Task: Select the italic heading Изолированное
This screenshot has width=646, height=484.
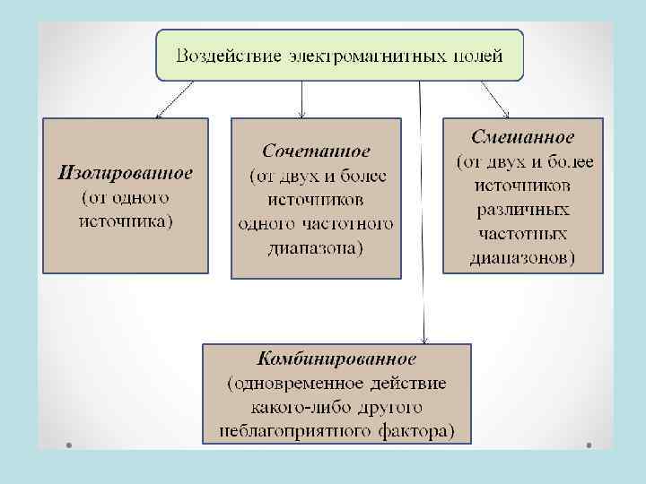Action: (125, 172)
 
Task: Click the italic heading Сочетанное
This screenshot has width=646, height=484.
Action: (316, 150)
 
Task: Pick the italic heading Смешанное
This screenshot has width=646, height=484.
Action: (523, 138)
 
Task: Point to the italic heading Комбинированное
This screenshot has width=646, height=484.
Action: (336, 360)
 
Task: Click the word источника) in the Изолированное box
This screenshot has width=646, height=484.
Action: (126, 220)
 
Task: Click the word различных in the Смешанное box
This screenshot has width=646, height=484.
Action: (523, 212)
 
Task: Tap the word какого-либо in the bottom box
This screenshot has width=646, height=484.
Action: (279, 408)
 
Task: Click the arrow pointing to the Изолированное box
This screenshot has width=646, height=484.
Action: (175, 99)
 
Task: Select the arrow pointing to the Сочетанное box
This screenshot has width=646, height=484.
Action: (303, 99)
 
